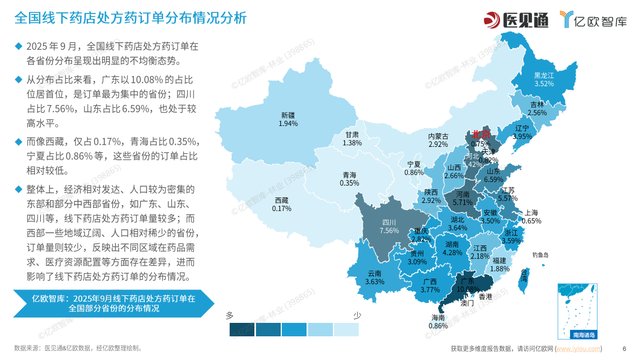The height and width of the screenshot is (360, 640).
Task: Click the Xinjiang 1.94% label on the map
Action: click(288, 119)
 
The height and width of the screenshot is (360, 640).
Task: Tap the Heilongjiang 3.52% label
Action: click(544, 80)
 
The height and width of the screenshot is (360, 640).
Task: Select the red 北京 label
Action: click(481, 135)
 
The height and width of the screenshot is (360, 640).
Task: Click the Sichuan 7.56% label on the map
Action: click(389, 227)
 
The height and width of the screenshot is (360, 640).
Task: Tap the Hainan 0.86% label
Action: click(438, 322)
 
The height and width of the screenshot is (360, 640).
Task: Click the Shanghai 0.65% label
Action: click(531, 217)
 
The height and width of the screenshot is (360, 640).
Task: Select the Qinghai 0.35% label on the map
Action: click(349, 179)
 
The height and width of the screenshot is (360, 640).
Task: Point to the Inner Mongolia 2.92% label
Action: click(438, 140)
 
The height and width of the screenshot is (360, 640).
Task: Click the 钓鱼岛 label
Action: click(540, 255)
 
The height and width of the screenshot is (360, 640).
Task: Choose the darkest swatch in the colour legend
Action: click(242, 329)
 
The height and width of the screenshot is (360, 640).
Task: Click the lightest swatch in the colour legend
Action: click(346, 329)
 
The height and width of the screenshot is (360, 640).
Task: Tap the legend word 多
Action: click(230, 315)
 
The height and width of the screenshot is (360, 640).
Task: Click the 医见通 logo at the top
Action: click(516, 20)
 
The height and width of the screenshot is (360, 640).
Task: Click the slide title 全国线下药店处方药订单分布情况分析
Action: click(130, 18)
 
